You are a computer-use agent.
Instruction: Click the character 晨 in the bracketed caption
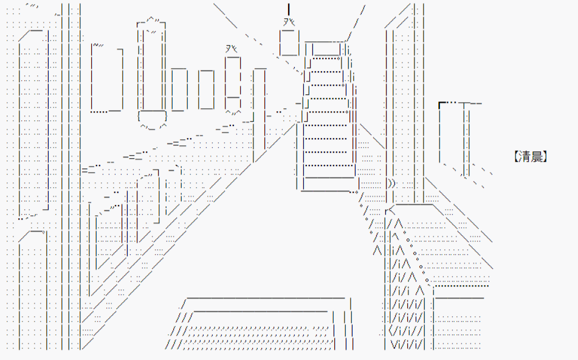[538, 156]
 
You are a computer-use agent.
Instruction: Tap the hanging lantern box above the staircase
[289, 43]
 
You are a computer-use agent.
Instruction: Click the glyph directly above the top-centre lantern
[289, 22]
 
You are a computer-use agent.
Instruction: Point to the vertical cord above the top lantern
[289, 9]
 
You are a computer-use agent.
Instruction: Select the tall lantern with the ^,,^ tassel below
[233, 82]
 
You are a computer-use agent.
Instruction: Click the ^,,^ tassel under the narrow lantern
[233, 112]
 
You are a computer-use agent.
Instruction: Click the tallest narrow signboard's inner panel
[152, 69]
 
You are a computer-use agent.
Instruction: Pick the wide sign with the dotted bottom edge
[107, 78]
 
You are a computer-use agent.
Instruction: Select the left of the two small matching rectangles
[179, 89]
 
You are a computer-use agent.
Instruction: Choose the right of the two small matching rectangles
[206, 89]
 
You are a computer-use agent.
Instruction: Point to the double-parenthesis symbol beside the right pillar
[391, 183]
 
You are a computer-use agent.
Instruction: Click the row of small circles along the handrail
[416, 255]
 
